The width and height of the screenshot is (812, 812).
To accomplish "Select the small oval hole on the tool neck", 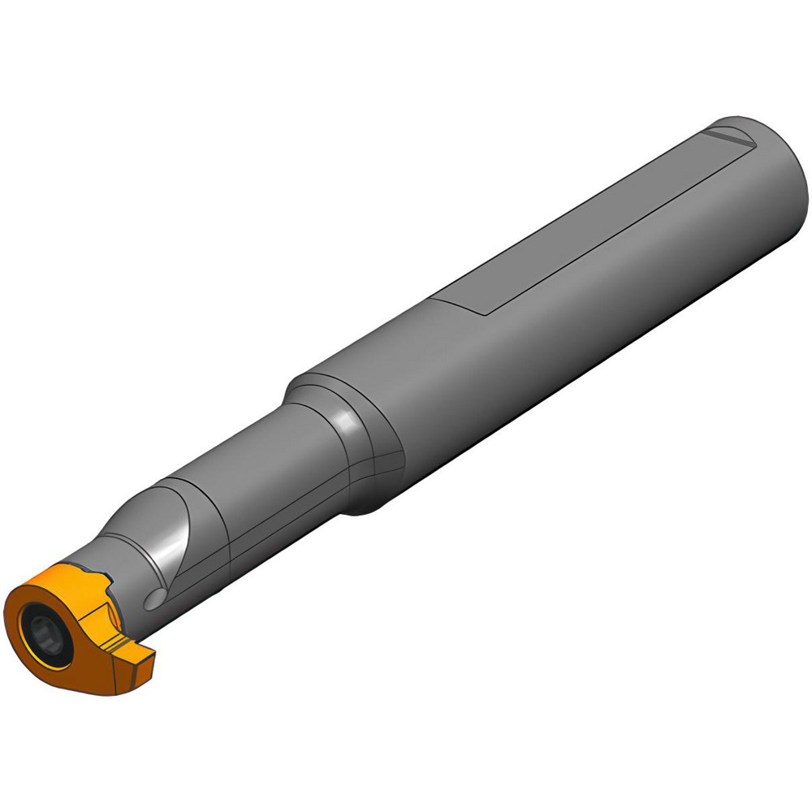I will pyautogui.click(x=155, y=598).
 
